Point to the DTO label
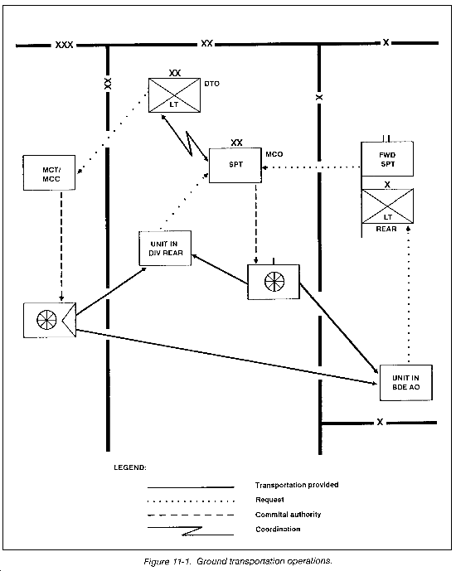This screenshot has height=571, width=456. point(211,84)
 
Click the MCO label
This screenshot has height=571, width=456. point(274,154)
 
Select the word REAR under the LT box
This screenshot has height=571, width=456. point(386,229)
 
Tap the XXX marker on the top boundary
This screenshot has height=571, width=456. point(64,45)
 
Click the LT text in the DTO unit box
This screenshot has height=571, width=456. point(174,104)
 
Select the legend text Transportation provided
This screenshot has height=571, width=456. point(297,485)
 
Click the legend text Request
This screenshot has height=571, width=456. point(269,500)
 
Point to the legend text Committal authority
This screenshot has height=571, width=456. point(288,515)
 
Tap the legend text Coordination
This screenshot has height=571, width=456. point(278,529)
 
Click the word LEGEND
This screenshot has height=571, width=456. point(130,467)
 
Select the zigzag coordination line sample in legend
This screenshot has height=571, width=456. point(191,531)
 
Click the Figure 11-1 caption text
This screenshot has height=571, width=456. point(238,561)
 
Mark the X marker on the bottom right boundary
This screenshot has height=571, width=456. point(380,422)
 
